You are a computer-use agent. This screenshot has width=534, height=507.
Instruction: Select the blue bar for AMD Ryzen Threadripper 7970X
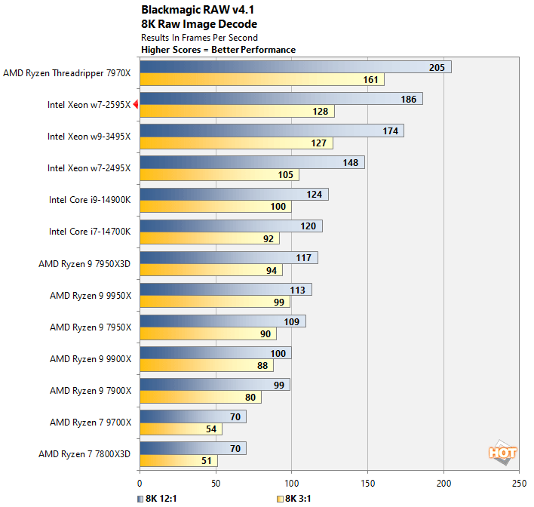(x=295, y=67)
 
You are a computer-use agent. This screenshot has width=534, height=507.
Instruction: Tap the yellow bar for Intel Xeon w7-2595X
(x=237, y=112)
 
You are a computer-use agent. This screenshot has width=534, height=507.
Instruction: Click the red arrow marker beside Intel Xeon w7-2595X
(x=136, y=105)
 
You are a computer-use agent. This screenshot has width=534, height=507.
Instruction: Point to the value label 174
(x=390, y=131)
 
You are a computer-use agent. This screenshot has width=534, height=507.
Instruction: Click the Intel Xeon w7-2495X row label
(x=89, y=168)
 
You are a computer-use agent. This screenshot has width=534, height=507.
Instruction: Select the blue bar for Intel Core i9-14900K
(x=234, y=195)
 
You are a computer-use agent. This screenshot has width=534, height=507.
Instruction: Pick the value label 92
(x=267, y=238)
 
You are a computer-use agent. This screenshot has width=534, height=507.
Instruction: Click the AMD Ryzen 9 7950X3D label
(x=84, y=264)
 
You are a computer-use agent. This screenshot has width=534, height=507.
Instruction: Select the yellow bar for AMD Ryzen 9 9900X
(x=207, y=366)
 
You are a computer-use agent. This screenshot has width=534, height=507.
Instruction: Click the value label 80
(x=249, y=398)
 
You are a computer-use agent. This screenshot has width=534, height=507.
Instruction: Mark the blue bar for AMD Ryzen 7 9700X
(x=192, y=416)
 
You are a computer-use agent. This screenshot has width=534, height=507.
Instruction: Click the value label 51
(x=204, y=461)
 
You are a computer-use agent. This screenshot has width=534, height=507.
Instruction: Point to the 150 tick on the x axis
(x=367, y=482)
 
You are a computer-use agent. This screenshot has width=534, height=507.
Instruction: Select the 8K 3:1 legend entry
(x=296, y=499)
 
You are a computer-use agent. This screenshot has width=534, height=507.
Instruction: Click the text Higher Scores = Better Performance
(x=219, y=50)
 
